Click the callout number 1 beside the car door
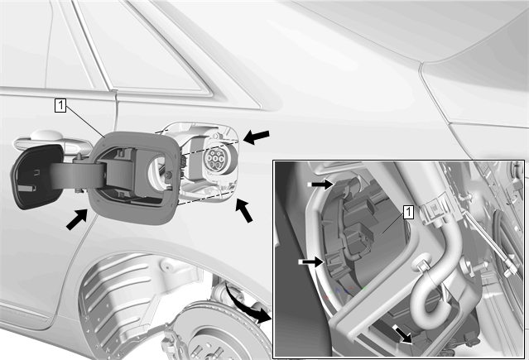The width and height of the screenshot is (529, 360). [60, 105]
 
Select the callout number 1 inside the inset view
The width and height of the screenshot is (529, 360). [408, 212]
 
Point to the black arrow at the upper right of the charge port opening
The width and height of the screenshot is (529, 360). [257, 137]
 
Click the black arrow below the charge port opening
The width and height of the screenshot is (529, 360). [244, 210]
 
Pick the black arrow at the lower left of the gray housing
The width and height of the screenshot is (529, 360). [77, 219]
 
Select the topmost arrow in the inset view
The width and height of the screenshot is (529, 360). [321, 185]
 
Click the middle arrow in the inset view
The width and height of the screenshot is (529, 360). [312, 262]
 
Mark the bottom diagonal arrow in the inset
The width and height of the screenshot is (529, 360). [402, 334]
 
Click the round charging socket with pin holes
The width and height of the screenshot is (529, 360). [216, 157]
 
